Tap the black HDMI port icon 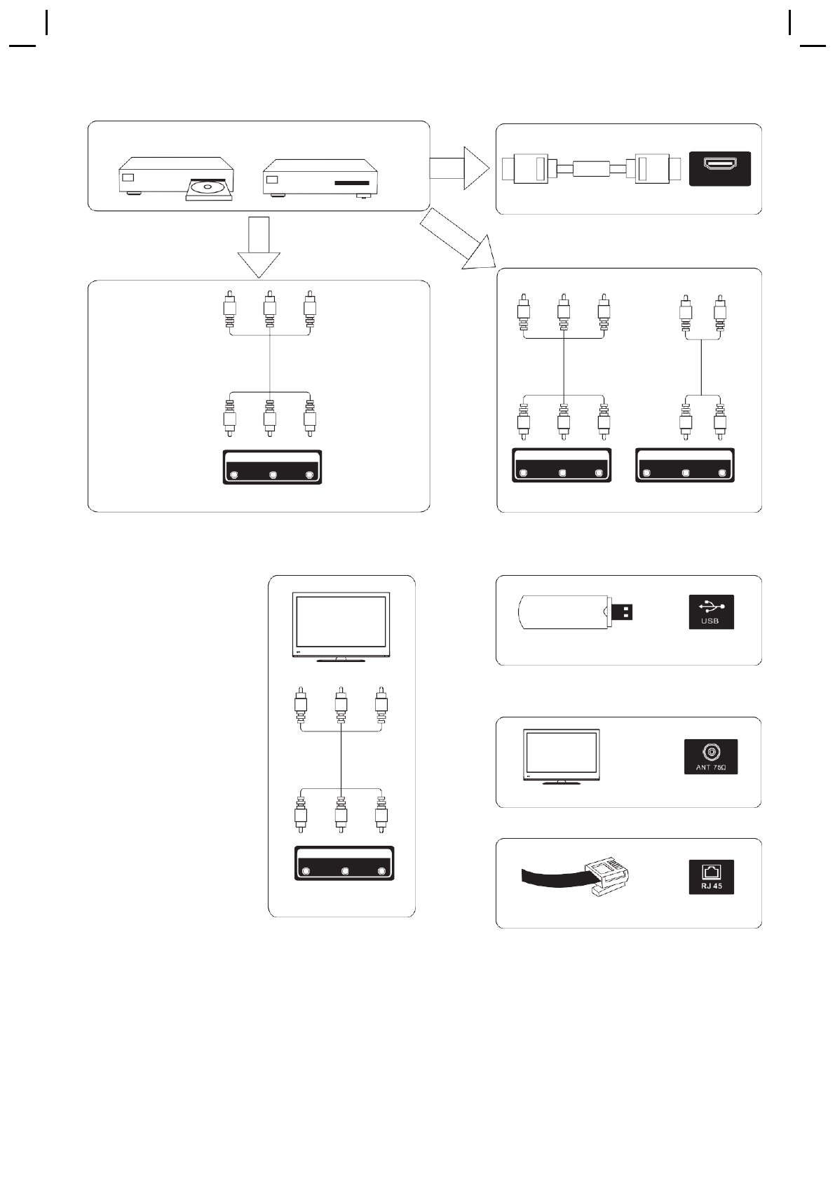pyautogui.click(x=719, y=168)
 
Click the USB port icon pyautogui.click(x=711, y=612)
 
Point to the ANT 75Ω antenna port pyautogui.click(x=711, y=756)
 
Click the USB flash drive pyautogui.click(x=565, y=612)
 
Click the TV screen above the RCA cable pyautogui.click(x=341, y=622)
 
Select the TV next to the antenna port pyautogui.click(x=562, y=756)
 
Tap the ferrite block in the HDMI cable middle pyautogui.click(x=591, y=168)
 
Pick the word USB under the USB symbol pyautogui.click(x=710, y=621)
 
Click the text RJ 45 pyautogui.click(x=711, y=886)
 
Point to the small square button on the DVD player pyautogui.click(x=128, y=177)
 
